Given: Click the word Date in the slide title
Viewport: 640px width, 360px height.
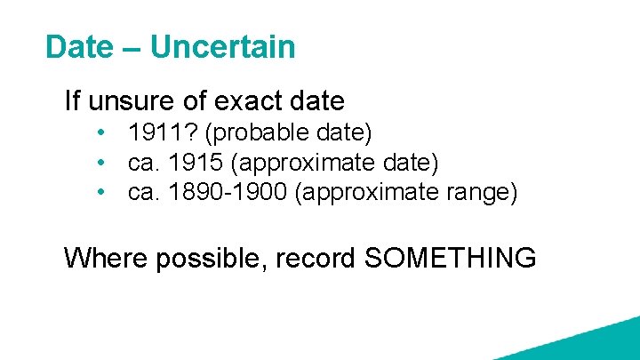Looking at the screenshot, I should [79, 47].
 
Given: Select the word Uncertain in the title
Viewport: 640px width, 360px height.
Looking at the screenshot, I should [222, 47].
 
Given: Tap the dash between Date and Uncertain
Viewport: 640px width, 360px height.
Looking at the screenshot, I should [132, 48].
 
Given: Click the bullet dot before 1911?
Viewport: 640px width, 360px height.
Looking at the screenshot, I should [104, 133].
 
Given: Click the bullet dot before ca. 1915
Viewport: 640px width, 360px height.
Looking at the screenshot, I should [104, 163].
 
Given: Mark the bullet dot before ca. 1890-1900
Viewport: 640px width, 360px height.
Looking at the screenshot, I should [104, 192].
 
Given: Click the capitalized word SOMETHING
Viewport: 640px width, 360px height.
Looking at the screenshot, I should [450, 258].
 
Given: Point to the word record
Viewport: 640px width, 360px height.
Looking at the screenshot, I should [316, 258].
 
